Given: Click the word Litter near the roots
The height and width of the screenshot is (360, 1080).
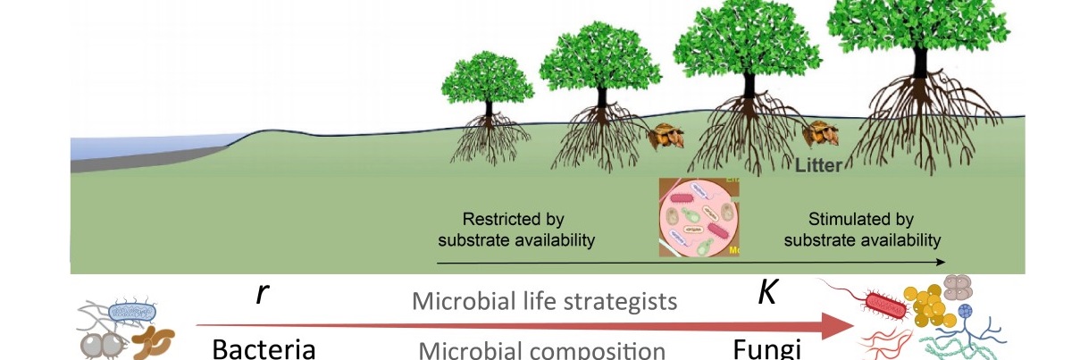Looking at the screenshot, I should [817, 165].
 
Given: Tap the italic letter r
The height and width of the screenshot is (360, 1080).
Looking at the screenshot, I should [259, 294].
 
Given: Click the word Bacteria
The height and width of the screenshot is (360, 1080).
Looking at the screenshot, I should [264, 348].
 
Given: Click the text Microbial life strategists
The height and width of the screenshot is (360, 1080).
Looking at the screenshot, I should [544, 301].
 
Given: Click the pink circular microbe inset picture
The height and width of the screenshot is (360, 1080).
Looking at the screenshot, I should [702, 219].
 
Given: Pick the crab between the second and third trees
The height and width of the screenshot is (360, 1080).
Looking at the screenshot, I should [666, 137].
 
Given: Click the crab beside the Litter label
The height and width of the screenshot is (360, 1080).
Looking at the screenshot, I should [819, 137].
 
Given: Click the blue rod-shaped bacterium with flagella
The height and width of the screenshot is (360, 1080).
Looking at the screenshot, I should [132, 313].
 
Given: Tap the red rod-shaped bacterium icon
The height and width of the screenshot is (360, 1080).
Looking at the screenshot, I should [886, 306].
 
